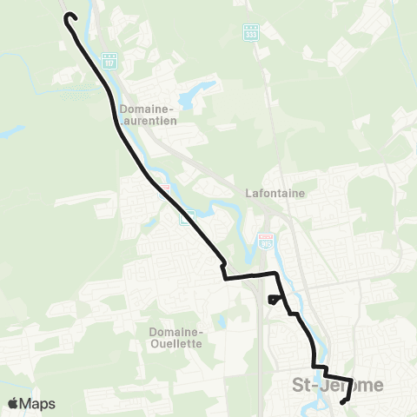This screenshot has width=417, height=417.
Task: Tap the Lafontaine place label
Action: pyautogui.click(x=275, y=195)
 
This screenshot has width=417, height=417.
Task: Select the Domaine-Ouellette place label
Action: pyautogui.click(x=175, y=337)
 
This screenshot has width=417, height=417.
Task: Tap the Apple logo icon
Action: pyautogui.click(x=14, y=403)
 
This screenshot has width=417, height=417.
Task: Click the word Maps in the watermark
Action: pyautogui.click(x=39, y=403)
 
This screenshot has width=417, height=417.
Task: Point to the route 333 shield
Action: pyautogui.click(x=251, y=31)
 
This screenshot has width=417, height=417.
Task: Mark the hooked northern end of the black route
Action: pyautogui.click(x=71, y=16)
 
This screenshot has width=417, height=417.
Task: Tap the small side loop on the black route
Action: pyautogui.click(x=275, y=300)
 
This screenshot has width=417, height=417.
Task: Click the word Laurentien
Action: pyautogui.click(x=149, y=122)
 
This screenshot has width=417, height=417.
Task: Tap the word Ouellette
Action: pyautogui.click(x=175, y=343)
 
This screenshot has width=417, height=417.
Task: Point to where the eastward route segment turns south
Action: pyautogui.click(x=279, y=275)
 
